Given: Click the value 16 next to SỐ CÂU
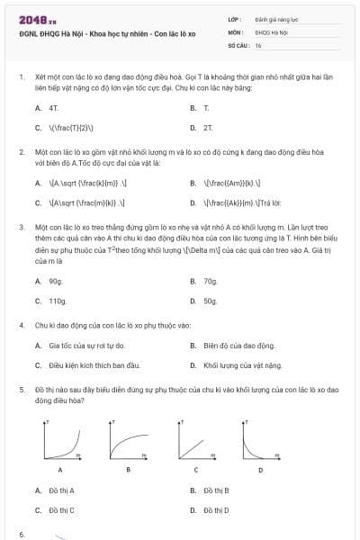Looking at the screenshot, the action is click(x=258, y=44).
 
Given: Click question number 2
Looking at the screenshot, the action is click(x=21, y=153).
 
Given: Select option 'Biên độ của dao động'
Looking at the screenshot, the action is click(x=239, y=346).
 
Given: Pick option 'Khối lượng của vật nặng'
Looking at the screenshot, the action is click(x=243, y=365).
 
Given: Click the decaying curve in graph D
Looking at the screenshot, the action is click(x=251, y=445).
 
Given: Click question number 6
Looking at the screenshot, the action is click(x=21, y=535).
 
